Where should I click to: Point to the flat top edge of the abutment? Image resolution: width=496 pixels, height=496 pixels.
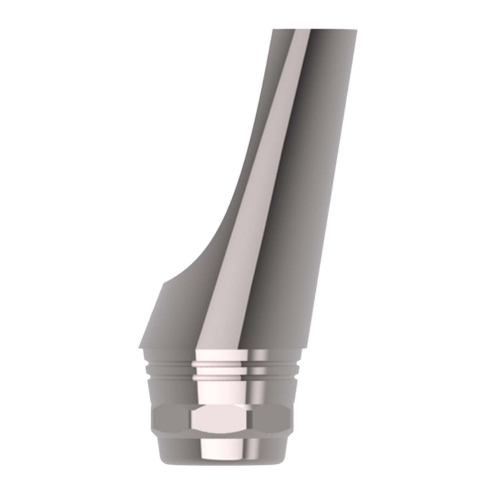point(314,30)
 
